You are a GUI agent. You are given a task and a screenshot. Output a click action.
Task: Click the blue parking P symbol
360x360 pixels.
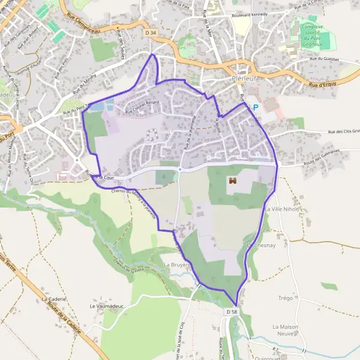tap(256, 107)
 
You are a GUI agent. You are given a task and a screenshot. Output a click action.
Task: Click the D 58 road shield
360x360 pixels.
tap(232, 313)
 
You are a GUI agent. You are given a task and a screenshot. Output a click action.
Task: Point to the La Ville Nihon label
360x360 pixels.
tap(281, 209)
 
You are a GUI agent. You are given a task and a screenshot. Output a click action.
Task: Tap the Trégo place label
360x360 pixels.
tap(285, 298)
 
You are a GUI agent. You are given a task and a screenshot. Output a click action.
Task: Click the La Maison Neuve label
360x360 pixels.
tap(285, 330)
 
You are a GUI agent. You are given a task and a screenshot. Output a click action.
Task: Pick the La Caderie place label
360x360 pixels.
tap(53, 298)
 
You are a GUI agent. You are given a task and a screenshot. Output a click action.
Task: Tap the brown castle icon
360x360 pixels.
tap(232, 180)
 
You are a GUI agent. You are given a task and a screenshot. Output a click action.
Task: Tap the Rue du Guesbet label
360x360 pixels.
tap(325, 59)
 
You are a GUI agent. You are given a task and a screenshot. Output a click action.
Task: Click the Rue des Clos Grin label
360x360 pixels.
tap(343, 131)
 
